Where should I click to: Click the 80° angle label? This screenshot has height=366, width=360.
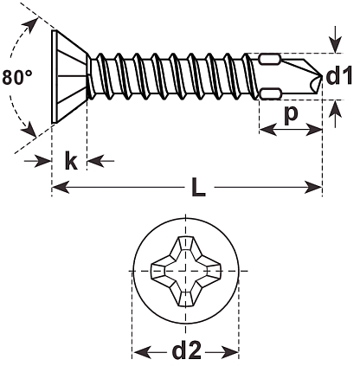tap(17, 78)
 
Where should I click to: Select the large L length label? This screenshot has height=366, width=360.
tap(198, 189)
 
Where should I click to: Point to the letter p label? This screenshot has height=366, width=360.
tap(291, 114)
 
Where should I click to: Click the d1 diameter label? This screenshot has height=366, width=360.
tap(339, 75)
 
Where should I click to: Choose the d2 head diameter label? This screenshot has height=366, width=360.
tap(186, 350)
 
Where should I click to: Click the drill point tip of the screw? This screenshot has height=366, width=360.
tap(321, 75)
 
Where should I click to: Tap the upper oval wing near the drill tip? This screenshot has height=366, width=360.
tap(270, 60)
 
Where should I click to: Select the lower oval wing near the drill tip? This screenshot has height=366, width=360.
tap(270, 93)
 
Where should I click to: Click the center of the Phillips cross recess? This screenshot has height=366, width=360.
tap(185, 271)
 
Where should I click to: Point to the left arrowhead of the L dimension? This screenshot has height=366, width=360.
tap(61, 188)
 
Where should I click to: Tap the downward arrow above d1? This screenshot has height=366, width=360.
tap(335, 40)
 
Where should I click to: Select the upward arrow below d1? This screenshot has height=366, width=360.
tap(335, 113)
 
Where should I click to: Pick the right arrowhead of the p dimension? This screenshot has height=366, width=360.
tap(313, 129)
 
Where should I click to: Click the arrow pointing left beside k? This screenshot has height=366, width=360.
tap(100, 161)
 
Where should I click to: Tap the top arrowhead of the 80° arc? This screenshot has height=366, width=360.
tap(32, 25)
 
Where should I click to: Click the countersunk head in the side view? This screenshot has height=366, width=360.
tap(69, 76)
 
